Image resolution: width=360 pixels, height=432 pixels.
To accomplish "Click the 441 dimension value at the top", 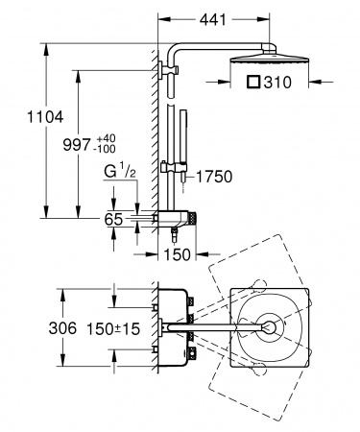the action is click(213, 20).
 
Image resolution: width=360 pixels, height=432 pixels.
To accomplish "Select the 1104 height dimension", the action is click(45, 117).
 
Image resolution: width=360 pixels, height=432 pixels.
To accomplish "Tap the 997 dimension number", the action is click(77, 145).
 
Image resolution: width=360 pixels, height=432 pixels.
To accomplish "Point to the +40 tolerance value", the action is click(107, 138).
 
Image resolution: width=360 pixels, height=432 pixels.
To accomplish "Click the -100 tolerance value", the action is click(105, 149).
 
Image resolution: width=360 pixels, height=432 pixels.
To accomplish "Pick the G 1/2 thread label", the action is click(120, 171).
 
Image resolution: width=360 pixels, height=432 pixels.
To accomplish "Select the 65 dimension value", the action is click(113, 219).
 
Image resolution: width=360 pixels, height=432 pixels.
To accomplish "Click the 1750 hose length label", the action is click(214, 177).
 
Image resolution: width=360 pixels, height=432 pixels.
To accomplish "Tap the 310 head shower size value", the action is click(277, 83).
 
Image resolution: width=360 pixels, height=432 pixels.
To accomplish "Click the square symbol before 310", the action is click(254, 82).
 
